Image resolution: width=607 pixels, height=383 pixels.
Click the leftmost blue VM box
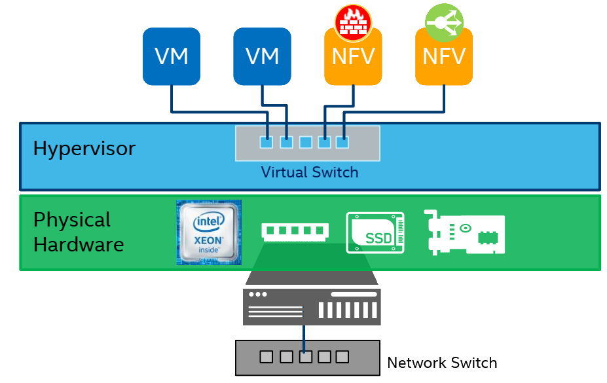pyautogui.click(x=172, y=56)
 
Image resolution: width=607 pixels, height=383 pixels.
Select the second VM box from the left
pyautogui.click(x=262, y=56)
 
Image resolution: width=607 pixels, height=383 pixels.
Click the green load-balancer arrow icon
pyautogui.click(x=443, y=22)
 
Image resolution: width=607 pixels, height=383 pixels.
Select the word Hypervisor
pyautogui.click(x=84, y=149)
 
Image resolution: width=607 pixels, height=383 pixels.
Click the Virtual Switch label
pyautogui.click(x=309, y=173)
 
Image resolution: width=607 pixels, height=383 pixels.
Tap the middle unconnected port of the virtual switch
pyautogui.click(x=305, y=141)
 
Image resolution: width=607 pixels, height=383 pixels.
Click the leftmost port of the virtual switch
pyautogui.click(x=267, y=141)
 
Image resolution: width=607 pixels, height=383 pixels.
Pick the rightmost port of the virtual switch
pyautogui.click(x=342, y=141)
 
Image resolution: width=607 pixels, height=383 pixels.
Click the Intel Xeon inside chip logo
pyautogui.click(x=209, y=232)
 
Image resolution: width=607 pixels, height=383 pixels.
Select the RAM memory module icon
pyautogui.click(x=295, y=231)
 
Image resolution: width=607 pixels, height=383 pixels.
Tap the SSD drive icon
pyautogui.click(x=375, y=232)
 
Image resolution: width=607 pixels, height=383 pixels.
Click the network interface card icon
pyautogui.click(x=464, y=232)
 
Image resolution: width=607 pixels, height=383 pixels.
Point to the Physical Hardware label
pyautogui.click(x=78, y=232)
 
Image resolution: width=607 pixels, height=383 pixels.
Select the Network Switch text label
pyautogui.click(x=443, y=363)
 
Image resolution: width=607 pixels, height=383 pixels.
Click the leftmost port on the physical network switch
pyautogui.click(x=266, y=357)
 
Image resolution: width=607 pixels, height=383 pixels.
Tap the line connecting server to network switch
pyautogui.click(x=304, y=337)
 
